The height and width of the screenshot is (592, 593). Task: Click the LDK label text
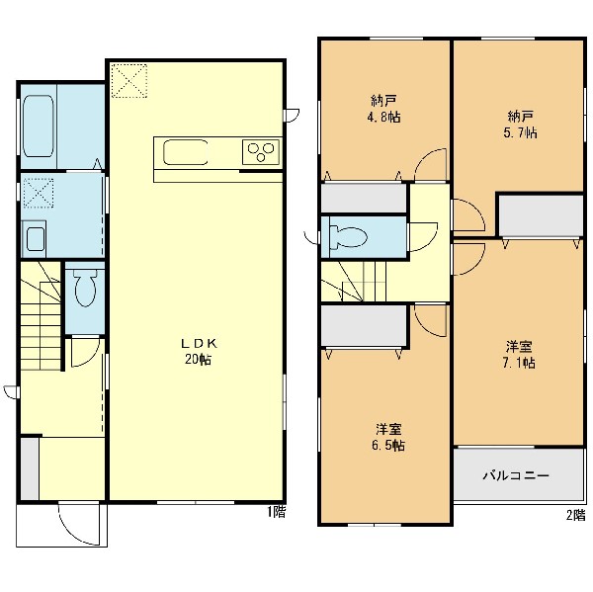[199, 344]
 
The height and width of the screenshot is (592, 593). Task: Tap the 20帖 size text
[198, 360]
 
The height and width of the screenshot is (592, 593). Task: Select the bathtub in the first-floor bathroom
[39, 126]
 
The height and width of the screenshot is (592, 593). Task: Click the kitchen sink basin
[186, 152]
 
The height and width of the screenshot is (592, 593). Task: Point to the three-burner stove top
[261, 151]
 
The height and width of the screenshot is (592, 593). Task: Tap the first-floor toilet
[85, 288]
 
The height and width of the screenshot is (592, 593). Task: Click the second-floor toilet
[348, 237]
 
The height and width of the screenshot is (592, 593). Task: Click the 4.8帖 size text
[383, 117]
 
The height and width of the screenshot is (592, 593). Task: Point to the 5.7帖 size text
[520, 132]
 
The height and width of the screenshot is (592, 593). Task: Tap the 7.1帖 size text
[519, 363]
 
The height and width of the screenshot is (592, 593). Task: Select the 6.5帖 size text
[388, 445]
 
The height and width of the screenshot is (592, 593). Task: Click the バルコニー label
[516, 475]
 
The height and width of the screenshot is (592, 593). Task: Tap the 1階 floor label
[277, 512]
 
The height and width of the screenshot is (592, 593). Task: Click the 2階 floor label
[575, 515]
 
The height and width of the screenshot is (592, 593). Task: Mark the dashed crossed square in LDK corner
[128, 81]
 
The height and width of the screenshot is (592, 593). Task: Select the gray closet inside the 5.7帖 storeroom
[542, 216]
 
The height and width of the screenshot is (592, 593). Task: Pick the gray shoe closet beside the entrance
[30, 468]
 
